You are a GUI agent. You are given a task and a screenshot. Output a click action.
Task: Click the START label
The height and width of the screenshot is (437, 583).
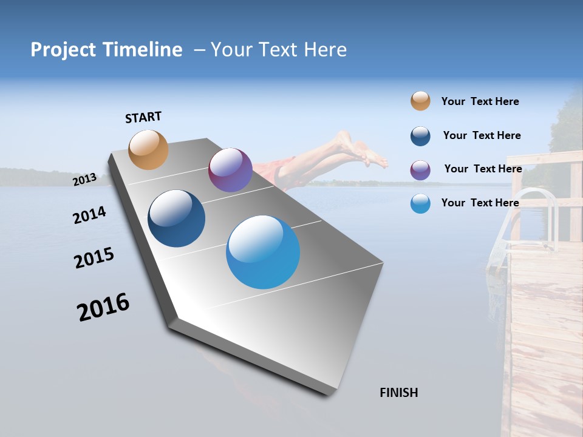coord(143,117)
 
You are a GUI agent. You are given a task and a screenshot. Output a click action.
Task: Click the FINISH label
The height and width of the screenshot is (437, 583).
coord(398,393)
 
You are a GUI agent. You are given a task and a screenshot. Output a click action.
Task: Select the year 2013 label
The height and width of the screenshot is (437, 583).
coord(84,180)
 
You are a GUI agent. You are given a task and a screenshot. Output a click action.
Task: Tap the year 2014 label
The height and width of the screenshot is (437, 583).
coord(89,215)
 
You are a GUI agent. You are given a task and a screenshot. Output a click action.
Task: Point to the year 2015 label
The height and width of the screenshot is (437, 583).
coord(94,257)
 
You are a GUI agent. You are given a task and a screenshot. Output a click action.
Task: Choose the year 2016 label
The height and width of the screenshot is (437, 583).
coord(103,307)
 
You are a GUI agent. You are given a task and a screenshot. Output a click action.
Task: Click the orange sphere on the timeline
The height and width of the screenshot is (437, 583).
coord(148,149)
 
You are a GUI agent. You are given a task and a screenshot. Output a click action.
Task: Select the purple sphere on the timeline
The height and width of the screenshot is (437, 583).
coord(230,170)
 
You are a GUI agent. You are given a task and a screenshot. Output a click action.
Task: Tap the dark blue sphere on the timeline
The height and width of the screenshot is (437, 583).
coord(176,218)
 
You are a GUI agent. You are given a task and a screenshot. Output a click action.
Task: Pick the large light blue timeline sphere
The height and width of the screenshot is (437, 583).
coord(263,252)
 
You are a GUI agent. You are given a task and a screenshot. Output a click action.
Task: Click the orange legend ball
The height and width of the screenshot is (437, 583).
coord(420,101)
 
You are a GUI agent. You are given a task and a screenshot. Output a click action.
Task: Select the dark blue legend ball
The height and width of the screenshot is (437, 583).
coord(420,136)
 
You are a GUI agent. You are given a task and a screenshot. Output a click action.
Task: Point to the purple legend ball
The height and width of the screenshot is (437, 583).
coord(420,170)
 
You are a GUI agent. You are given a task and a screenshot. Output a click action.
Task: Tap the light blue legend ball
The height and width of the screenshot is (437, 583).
coord(420,203)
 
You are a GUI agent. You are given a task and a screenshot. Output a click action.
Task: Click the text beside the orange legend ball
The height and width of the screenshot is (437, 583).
coord(480,101)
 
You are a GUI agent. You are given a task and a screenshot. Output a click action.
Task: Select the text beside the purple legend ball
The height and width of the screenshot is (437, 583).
coord(483,169)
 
